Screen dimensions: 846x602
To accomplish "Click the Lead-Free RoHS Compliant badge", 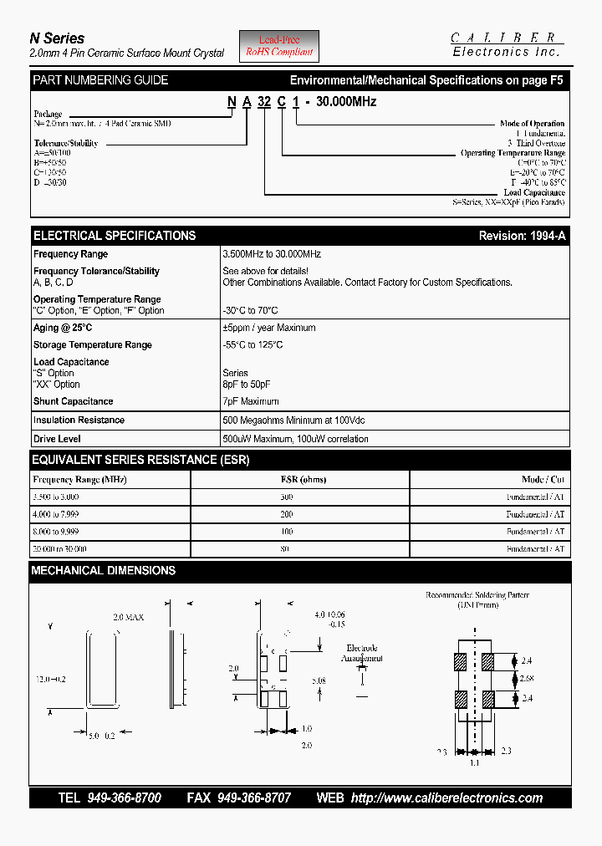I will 279,46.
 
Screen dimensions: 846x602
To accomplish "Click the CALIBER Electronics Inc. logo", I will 507,44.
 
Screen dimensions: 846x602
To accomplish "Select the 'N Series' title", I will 57,38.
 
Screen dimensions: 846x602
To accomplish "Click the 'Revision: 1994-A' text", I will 522,236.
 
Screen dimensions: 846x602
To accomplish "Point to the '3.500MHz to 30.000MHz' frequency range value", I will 272,254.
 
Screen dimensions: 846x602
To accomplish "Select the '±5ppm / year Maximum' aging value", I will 269,328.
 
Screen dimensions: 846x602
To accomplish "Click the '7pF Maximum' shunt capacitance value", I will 251,402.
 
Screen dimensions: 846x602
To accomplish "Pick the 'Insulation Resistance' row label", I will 79,420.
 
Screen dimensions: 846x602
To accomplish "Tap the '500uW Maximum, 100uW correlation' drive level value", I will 295,439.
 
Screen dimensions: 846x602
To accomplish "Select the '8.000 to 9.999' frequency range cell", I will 56,532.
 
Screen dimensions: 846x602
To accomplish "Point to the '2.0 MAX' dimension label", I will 129,617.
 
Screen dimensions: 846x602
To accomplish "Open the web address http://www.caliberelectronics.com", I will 446,798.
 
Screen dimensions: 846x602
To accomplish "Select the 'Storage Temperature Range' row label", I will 93,345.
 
